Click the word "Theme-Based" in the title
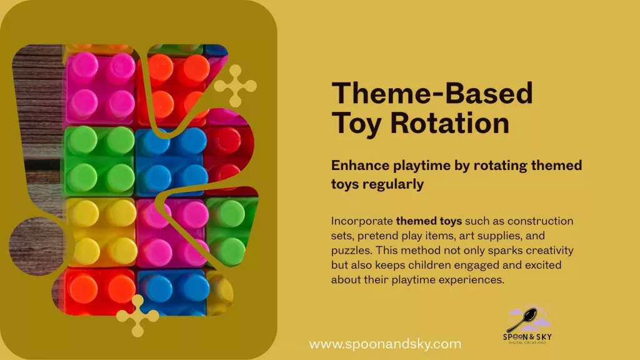tap(432, 94)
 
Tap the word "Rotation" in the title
tap(450, 123)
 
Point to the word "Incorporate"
tap(362, 221)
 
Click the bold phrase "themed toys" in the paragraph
tap(429, 221)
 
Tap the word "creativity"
tap(549, 250)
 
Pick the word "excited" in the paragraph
tap(543, 265)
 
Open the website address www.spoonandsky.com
tap(385, 344)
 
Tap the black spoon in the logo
tap(524, 319)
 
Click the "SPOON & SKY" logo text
tap(527, 337)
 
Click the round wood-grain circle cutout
tap(37, 246)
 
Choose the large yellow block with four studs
tap(102, 232)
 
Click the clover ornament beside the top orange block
tap(236, 86)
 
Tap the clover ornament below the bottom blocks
tap(137, 316)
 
